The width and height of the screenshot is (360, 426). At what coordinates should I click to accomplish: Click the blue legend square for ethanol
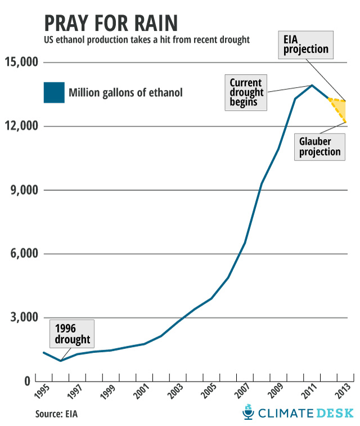(54, 92)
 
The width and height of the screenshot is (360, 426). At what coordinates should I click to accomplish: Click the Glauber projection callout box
(319, 146)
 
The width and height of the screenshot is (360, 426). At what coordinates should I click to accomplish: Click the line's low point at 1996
(60, 361)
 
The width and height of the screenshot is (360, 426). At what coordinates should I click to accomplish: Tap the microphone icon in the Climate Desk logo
(248, 412)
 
